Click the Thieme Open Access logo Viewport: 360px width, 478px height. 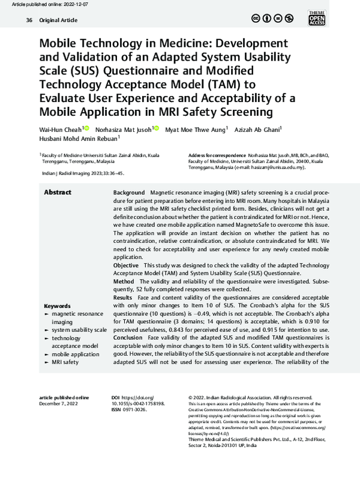(x=333, y=19)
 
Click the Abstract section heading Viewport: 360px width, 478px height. (x=58, y=193)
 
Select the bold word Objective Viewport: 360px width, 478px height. (x=127, y=264)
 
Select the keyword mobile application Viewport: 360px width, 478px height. (x=76, y=354)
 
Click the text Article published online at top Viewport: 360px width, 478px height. (x=37, y=3)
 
